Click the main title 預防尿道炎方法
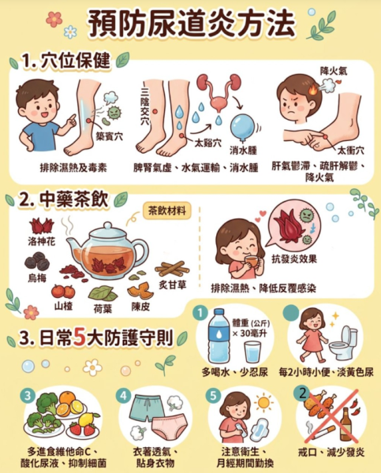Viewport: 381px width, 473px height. [191, 24]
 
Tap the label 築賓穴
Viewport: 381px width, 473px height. [110, 136]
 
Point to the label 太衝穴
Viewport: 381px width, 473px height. [350, 151]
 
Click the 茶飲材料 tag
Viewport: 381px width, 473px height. [166, 210]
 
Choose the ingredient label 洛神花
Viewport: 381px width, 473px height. [42, 241]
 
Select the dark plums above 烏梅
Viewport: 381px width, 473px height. [37, 262]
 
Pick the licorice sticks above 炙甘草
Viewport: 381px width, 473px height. [172, 269]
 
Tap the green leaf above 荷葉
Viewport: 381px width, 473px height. [103, 293]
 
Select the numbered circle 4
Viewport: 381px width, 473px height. [124, 396]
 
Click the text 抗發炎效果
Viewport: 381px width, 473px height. [294, 259]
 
